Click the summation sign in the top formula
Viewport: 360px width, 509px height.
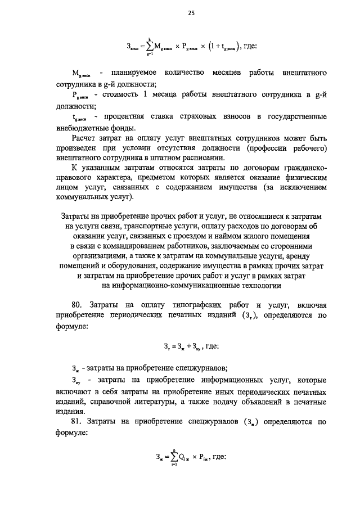click(149, 46)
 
